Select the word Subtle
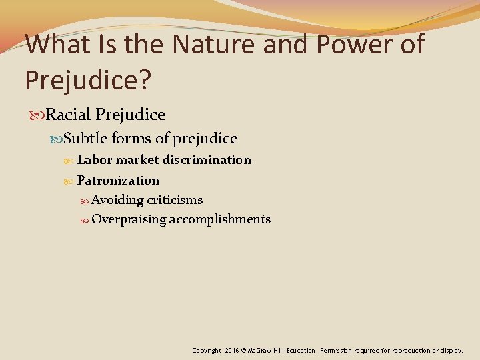click(85, 139)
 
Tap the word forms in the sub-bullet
click(131, 139)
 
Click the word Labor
click(95, 160)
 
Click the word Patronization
click(118, 181)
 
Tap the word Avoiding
click(117, 200)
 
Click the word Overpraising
click(129, 219)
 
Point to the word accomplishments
click(219, 219)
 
